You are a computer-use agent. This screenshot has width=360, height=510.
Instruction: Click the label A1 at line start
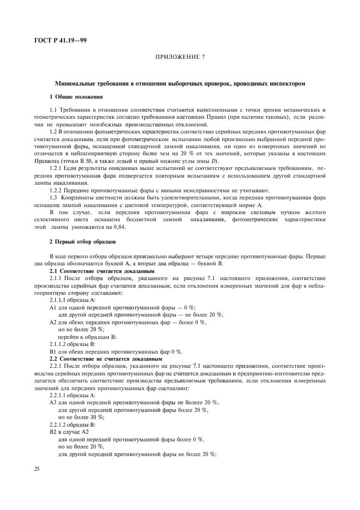53,307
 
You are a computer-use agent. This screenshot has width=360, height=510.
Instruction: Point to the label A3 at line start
53,402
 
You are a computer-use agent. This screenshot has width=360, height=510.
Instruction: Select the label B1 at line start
53,352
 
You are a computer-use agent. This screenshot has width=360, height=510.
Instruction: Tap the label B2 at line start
53,430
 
